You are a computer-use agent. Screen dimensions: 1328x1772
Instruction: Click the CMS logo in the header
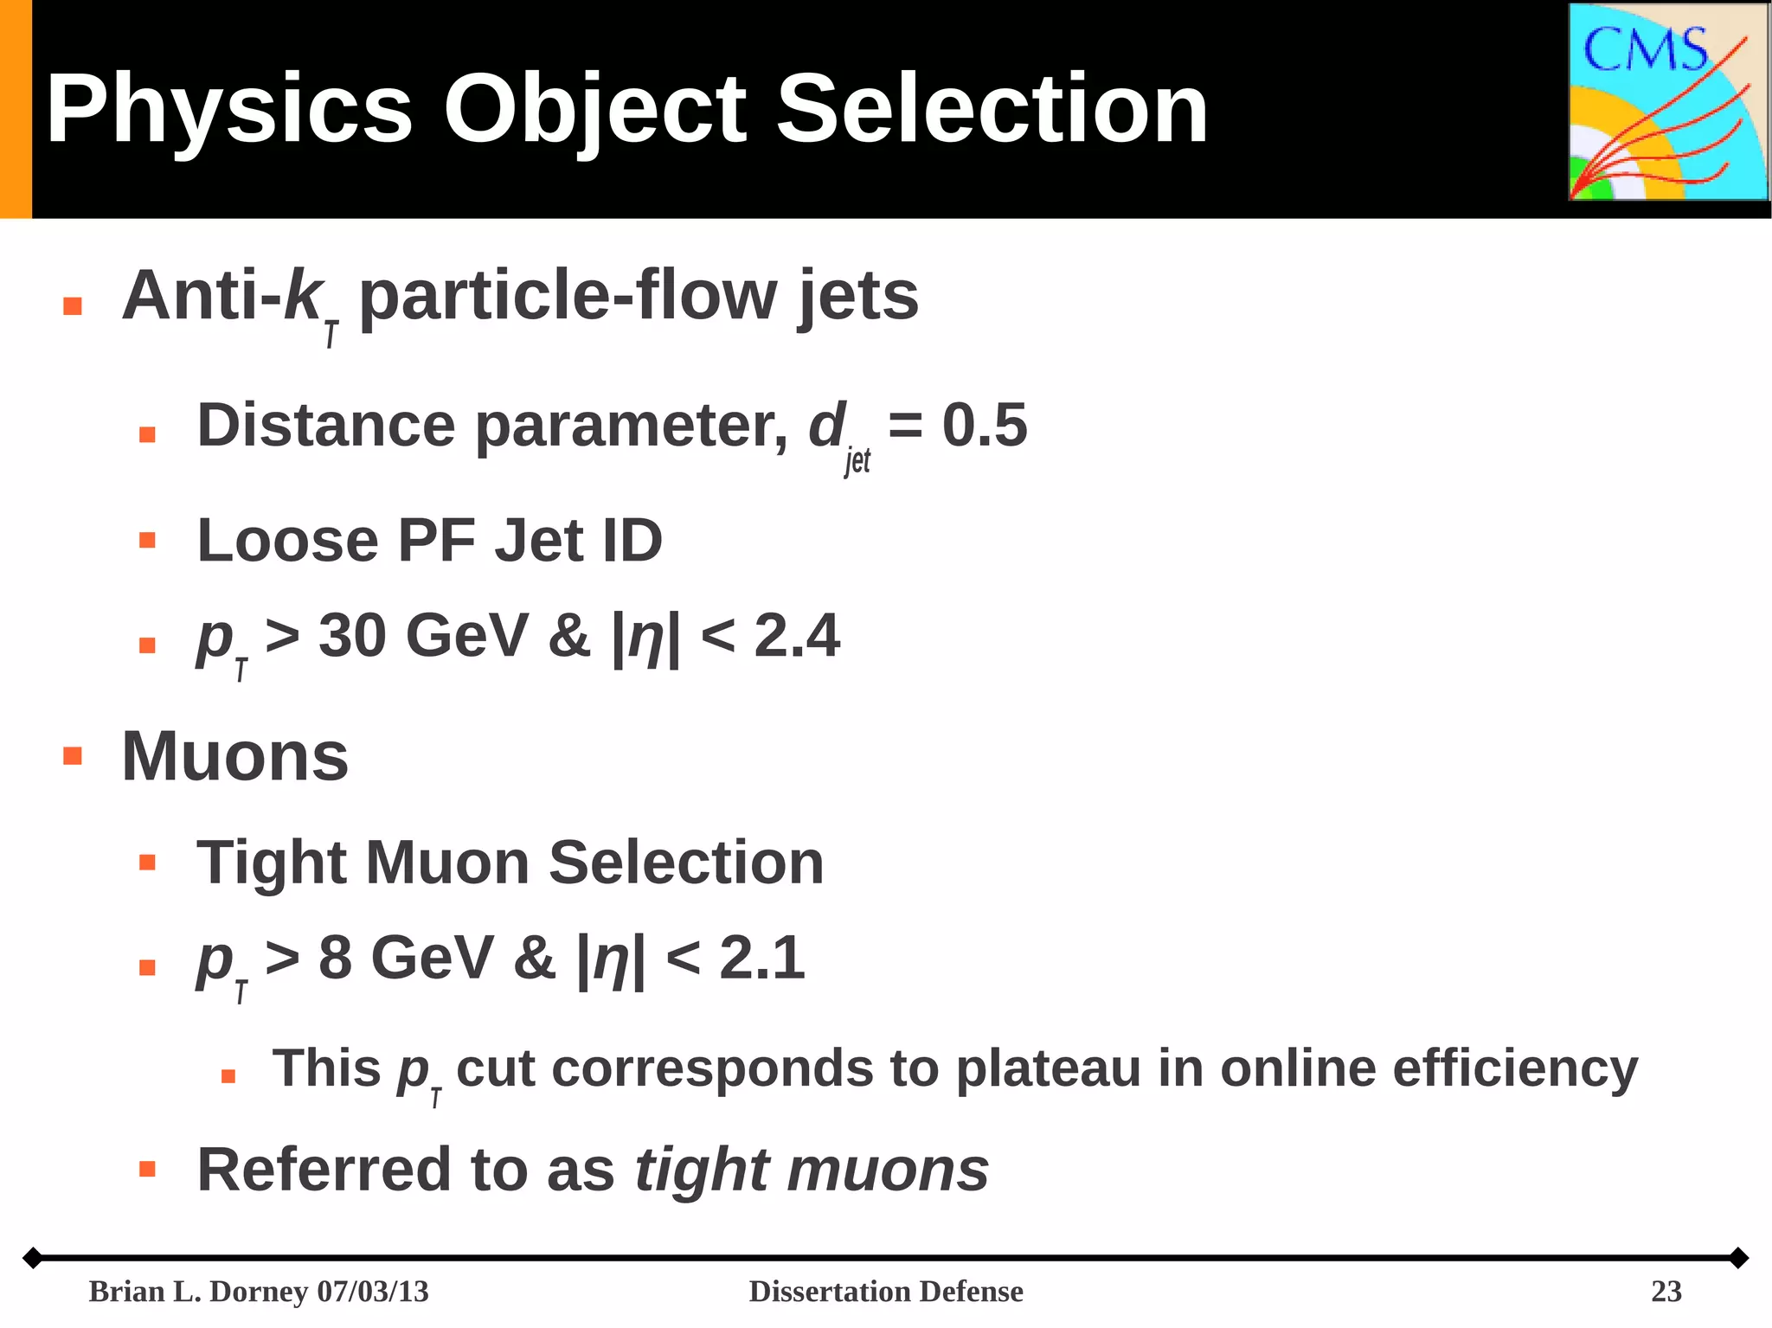tap(1667, 102)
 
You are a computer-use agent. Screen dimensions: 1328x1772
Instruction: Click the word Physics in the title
tap(229, 110)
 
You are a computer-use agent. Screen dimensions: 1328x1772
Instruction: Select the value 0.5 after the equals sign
tap(985, 426)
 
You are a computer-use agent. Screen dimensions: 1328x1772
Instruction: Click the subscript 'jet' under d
tap(857, 461)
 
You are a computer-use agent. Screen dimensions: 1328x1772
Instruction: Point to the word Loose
tap(287, 541)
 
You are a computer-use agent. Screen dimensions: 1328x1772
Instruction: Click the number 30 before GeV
tap(352, 636)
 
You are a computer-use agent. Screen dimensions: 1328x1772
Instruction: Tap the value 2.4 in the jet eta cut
tap(797, 636)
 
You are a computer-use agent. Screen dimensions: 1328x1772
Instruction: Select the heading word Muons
tap(235, 757)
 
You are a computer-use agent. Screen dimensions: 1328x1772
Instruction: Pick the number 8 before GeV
tap(336, 959)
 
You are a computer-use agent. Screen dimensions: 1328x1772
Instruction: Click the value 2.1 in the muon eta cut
tap(762, 959)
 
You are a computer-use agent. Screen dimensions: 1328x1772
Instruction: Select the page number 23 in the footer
tap(1666, 1292)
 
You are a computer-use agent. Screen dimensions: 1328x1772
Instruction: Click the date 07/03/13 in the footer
tap(373, 1292)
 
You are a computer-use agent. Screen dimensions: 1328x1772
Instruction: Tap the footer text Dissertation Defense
tap(886, 1292)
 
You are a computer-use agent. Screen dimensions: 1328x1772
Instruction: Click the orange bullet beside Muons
tap(73, 756)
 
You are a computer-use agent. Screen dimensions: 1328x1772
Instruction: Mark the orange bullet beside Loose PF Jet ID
tap(147, 541)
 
